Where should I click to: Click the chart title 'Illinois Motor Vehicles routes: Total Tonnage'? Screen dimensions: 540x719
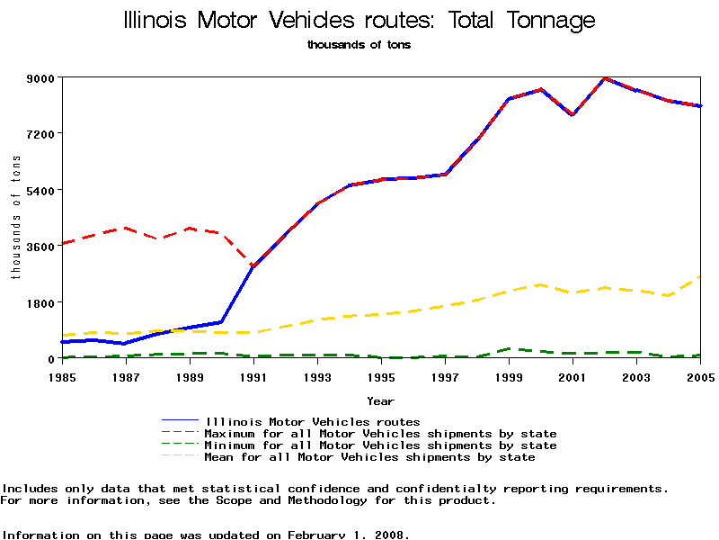(359, 21)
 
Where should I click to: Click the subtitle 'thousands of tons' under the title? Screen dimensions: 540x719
(359, 44)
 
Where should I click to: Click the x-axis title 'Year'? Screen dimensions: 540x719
(380, 400)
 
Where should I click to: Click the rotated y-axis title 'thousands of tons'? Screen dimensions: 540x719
(16, 216)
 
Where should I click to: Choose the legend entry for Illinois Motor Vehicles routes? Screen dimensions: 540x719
(312, 421)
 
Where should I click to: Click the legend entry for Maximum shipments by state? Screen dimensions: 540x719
(380, 434)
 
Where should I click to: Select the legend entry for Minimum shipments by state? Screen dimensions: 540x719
(380, 445)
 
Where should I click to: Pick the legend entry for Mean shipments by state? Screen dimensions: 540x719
(369, 457)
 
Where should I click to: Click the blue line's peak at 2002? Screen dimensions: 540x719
(605, 78)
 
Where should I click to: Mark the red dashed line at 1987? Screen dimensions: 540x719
(126, 228)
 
